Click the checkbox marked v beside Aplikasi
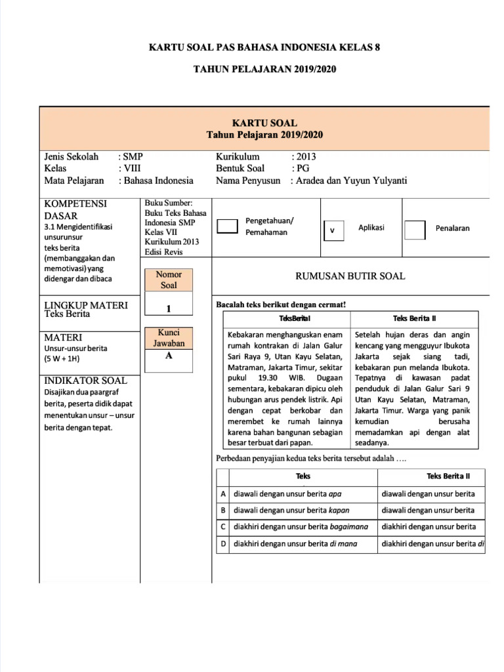pyautogui.click(x=333, y=231)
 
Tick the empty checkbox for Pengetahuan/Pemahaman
pyautogui.click(x=227, y=226)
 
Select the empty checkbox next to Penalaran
pyautogui.click(x=415, y=230)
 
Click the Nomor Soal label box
pyautogui.click(x=169, y=280)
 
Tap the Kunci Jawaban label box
pyautogui.click(x=169, y=337)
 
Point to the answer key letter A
pyautogui.click(x=169, y=355)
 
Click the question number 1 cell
pyautogui.click(x=169, y=308)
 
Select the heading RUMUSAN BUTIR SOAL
pyautogui.click(x=350, y=276)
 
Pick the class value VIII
pyautogui.click(x=133, y=169)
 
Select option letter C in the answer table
pyautogui.click(x=223, y=526)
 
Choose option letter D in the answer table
pyautogui.click(x=223, y=543)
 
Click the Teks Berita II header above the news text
pyautogui.click(x=415, y=318)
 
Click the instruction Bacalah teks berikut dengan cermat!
pyautogui.click(x=281, y=304)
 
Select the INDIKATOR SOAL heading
pyautogui.click(x=85, y=381)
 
